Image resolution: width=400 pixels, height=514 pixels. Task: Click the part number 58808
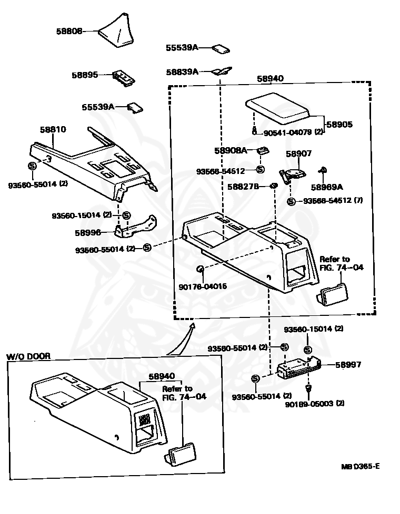pyautogui.click(x=68, y=31)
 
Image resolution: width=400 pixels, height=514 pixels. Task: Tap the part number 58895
pyautogui.click(x=85, y=75)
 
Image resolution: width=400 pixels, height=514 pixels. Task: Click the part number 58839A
pyautogui.click(x=182, y=71)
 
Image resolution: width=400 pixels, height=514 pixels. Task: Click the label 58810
pyautogui.click(x=53, y=129)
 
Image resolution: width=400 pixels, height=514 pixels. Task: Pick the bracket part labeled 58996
pyautogui.click(x=135, y=225)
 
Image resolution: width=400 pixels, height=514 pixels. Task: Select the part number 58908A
pyautogui.click(x=231, y=150)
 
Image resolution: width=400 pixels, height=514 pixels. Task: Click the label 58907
pyautogui.click(x=299, y=153)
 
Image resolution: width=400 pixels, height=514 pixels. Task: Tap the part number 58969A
pyautogui.click(x=326, y=187)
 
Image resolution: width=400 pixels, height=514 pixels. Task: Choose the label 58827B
pyautogui.click(x=243, y=186)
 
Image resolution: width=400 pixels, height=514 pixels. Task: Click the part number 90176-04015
pyautogui.click(x=203, y=286)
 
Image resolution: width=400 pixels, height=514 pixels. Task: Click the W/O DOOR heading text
pyautogui.click(x=28, y=356)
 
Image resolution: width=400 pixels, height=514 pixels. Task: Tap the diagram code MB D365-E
pyautogui.click(x=360, y=466)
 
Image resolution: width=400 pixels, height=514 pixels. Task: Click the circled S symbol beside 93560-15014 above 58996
pyautogui.click(x=126, y=215)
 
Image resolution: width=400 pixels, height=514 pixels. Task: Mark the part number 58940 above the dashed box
pyautogui.click(x=270, y=78)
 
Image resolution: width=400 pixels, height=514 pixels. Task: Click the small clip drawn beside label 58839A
pyautogui.click(x=222, y=70)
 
